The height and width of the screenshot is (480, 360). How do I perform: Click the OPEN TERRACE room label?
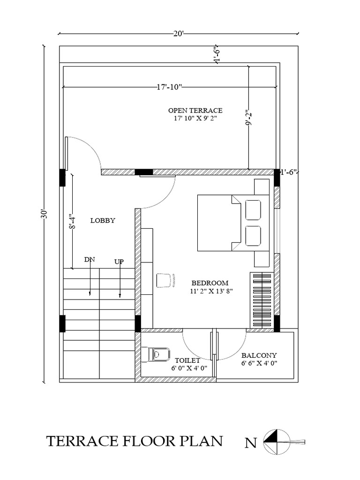(195, 111)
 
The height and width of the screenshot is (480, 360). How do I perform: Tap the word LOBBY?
(103, 220)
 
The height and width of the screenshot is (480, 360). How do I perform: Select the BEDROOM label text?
(210, 283)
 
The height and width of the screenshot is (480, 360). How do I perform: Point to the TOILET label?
(187, 360)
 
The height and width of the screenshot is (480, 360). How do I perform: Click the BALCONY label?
(259, 355)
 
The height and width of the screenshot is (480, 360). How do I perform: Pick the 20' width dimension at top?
(178, 34)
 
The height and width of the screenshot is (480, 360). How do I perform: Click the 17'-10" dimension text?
(169, 87)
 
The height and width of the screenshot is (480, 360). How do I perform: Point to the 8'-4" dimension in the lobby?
(72, 221)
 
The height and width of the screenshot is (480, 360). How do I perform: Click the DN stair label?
(90, 260)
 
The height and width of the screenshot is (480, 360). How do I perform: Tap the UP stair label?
(119, 262)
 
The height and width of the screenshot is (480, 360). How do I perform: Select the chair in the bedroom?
(165, 280)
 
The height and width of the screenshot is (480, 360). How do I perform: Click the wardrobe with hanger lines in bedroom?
(262, 300)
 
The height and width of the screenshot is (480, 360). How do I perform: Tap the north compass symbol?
(277, 442)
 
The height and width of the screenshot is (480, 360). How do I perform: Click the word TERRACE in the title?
(82, 442)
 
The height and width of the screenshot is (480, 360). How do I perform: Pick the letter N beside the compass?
(250, 443)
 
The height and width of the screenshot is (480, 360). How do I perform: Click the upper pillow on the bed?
(253, 210)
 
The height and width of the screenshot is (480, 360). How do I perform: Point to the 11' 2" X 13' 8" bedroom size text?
(211, 291)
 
